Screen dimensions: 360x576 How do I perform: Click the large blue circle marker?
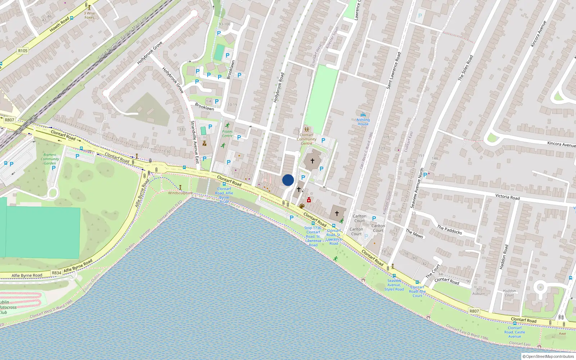(288, 180)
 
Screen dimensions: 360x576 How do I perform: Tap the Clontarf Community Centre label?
(306, 139)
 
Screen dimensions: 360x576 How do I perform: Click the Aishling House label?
(363, 122)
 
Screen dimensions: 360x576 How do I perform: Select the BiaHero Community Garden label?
(50, 159)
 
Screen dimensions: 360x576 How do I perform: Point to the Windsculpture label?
(180, 193)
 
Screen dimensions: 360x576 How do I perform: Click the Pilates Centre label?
(227, 134)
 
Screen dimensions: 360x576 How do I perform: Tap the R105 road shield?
(23, 51)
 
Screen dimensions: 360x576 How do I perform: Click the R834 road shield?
(57, 273)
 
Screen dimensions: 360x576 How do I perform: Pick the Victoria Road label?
(507, 197)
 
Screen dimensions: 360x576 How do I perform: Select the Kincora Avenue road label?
(561, 144)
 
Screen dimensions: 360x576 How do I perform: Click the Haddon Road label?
(504, 257)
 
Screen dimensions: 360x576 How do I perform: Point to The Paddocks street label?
(449, 230)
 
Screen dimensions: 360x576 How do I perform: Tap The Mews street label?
(414, 234)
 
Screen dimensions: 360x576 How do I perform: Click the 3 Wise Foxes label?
(89, 15)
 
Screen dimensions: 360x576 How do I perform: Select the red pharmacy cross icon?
(309, 200)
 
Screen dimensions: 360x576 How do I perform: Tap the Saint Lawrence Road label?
(393, 71)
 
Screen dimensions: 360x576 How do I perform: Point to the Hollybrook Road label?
(279, 87)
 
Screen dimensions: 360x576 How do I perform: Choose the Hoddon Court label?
(509, 293)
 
